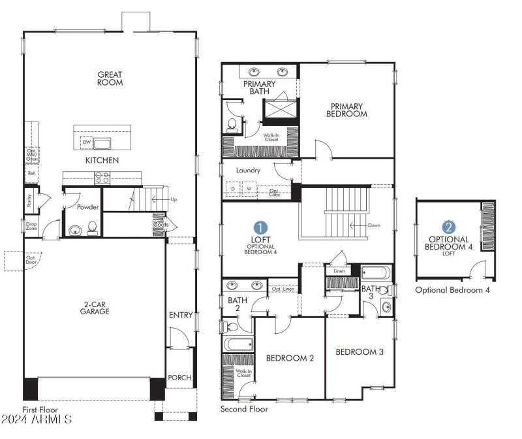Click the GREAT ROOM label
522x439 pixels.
click(110, 79)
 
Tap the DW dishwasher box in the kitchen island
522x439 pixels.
click(86, 142)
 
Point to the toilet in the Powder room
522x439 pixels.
click(92, 228)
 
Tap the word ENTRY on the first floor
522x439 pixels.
click(181, 316)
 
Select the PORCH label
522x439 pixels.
click(179, 378)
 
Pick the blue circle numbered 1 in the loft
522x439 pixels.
click(260, 227)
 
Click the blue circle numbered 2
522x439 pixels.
click(449, 227)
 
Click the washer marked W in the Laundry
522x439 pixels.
click(249, 189)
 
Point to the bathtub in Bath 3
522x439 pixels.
click(375, 273)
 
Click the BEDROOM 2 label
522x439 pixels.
click(290, 358)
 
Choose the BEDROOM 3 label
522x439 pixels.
click(359, 352)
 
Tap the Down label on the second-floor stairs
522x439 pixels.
click(373, 225)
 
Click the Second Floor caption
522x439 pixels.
click(244, 409)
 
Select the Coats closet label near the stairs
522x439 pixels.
click(161, 225)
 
